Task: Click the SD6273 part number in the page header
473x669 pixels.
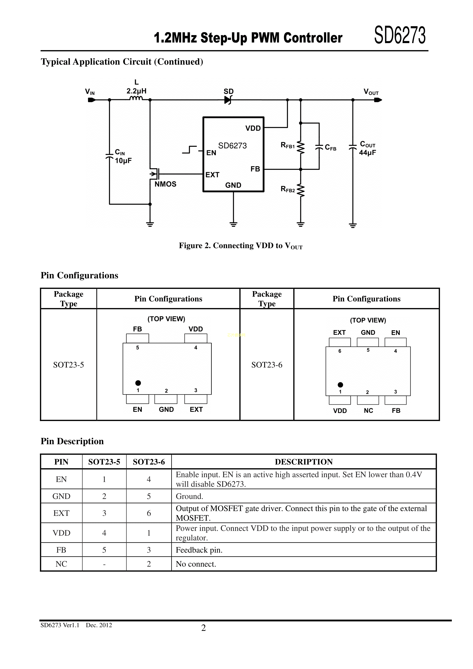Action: click(400, 35)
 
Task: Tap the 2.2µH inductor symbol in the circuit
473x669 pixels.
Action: click(136, 98)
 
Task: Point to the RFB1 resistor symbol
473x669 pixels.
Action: click(301, 148)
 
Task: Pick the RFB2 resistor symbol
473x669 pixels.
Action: click(301, 191)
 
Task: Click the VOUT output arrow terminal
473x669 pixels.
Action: click(378, 100)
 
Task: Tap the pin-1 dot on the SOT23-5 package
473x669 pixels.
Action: click(138, 383)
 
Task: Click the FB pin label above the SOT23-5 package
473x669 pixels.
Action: click(138, 329)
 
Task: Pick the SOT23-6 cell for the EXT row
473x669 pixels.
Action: click(149, 513)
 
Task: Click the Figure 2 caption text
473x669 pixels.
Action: click(241, 246)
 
